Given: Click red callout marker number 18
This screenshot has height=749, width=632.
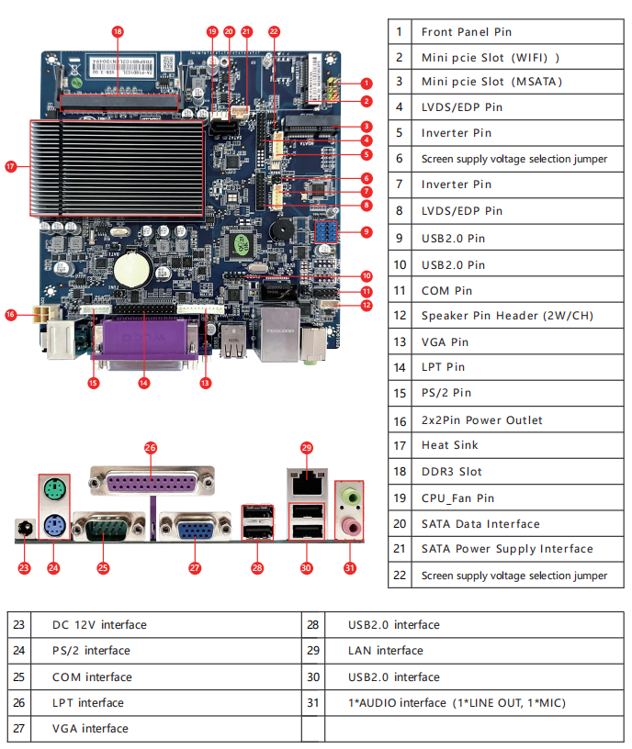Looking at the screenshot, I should [118, 31].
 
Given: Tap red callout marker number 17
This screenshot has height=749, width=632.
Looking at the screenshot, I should [11, 167].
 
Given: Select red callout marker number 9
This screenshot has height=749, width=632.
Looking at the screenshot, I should [367, 231].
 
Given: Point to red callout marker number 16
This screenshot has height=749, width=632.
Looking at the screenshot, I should [11, 315].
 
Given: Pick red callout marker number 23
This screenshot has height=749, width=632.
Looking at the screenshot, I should [24, 568].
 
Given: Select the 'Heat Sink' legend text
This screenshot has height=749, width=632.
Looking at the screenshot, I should [449, 445].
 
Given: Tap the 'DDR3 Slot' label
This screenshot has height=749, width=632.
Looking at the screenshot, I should [451, 472].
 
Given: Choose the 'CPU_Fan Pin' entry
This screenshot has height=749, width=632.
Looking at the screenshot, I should [457, 497].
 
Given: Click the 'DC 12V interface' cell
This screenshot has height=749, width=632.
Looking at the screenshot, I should [99, 625].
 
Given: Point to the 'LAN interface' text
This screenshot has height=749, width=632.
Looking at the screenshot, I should [385, 651].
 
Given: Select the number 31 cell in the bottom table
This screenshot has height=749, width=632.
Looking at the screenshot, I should [312, 703].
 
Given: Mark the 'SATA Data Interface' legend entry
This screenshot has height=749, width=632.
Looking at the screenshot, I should [480, 524].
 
